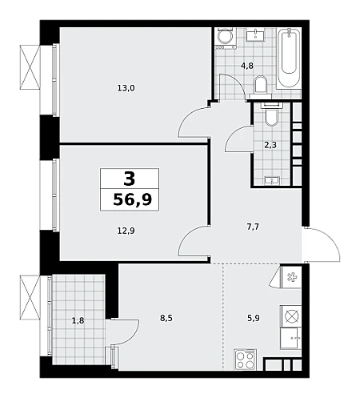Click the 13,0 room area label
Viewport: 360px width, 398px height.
coord(126,88)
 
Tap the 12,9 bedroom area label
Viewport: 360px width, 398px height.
coord(126,231)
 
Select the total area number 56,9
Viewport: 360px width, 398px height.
coord(133,199)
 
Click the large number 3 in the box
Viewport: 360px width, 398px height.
coord(130,179)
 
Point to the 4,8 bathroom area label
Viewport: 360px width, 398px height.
coord(247,66)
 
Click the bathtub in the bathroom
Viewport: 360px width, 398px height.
coord(289,58)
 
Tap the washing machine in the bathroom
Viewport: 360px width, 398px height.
coord(226,38)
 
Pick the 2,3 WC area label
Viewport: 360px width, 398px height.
coord(270,145)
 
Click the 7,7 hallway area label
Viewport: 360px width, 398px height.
coord(253,227)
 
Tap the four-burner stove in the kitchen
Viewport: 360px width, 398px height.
coord(245,360)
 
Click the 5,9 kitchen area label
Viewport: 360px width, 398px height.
coord(254,318)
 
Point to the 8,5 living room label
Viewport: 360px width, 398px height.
coord(166,318)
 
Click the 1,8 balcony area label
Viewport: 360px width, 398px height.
coord(78,320)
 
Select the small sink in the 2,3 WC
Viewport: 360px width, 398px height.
coord(272,180)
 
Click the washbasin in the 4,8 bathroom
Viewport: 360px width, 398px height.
coord(255,34)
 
